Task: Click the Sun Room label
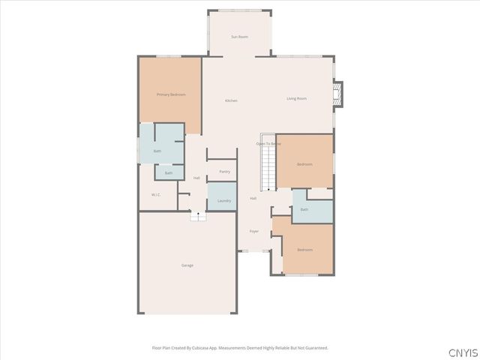click(239, 37)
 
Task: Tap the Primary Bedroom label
click(171, 94)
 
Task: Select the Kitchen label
click(232, 100)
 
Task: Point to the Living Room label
click(296, 98)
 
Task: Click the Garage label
click(187, 265)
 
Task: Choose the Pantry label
click(224, 172)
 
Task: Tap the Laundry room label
click(223, 201)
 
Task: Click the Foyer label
click(254, 231)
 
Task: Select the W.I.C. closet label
click(156, 195)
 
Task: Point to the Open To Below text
click(268, 143)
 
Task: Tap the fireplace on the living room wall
click(338, 93)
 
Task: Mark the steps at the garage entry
click(197, 217)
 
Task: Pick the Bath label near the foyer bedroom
click(304, 209)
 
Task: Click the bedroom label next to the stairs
click(304, 164)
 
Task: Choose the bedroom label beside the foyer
click(304, 250)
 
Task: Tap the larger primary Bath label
click(157, 151)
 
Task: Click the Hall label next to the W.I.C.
click(196, 178)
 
